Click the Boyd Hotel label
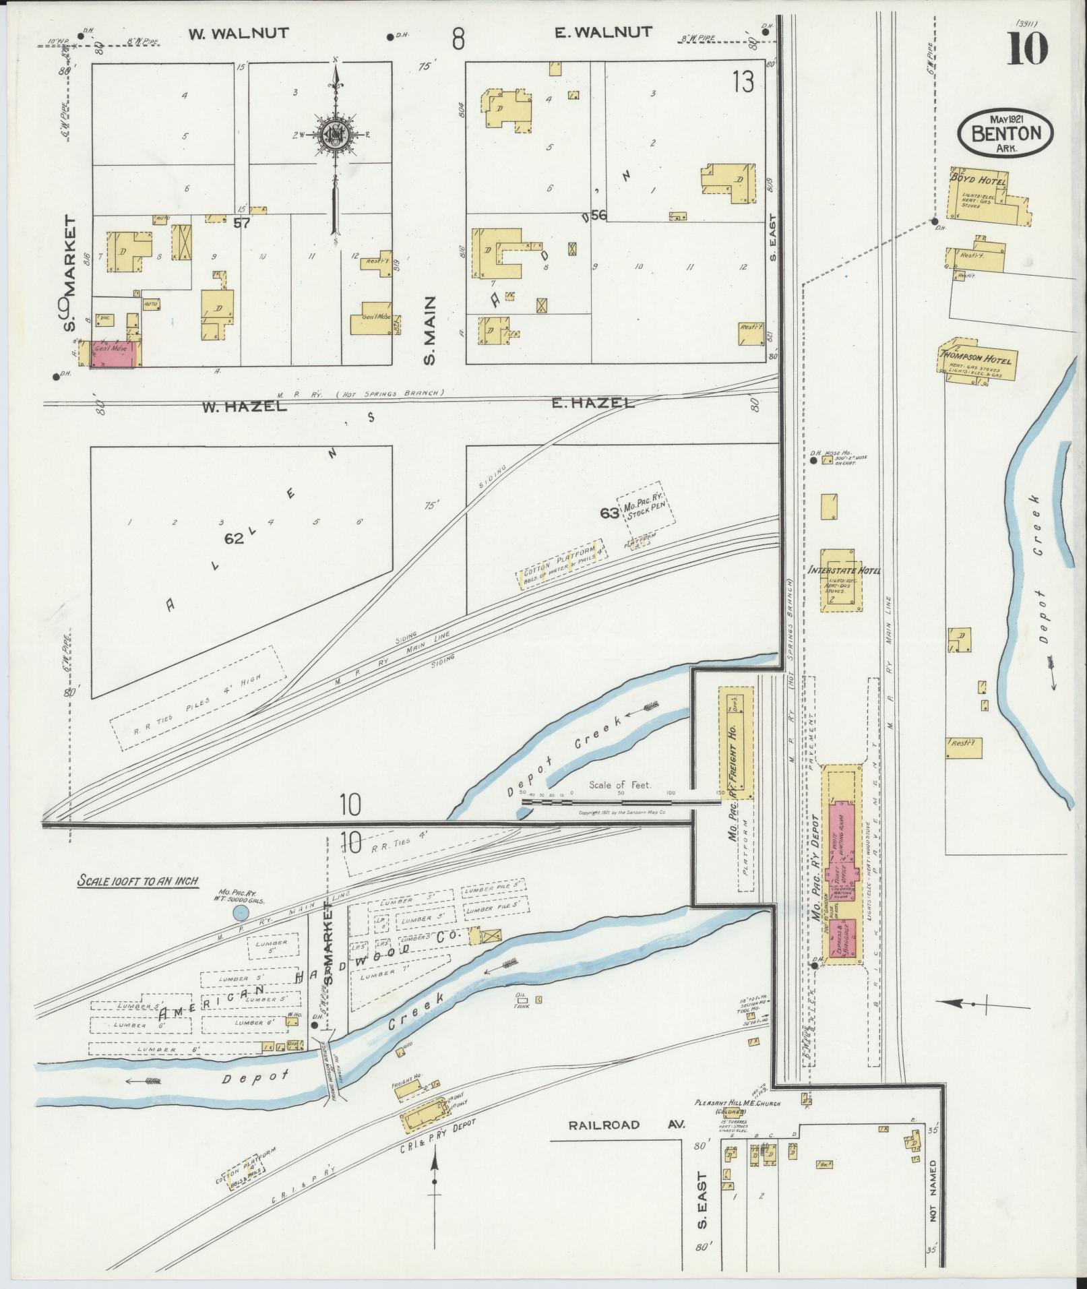(x=977, y=181)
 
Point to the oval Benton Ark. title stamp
(x=1002, y=133)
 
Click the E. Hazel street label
(x=593, y=403)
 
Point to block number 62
(x=234, y=538)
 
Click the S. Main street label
(x=430, y=330)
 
